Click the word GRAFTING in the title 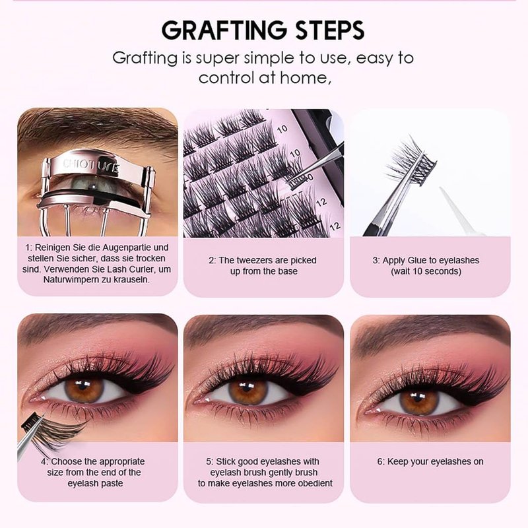[224, 30]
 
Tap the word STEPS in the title [330, 30]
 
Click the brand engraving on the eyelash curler [91, 166]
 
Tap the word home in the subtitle [304, 78]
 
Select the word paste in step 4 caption [112, 484]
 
